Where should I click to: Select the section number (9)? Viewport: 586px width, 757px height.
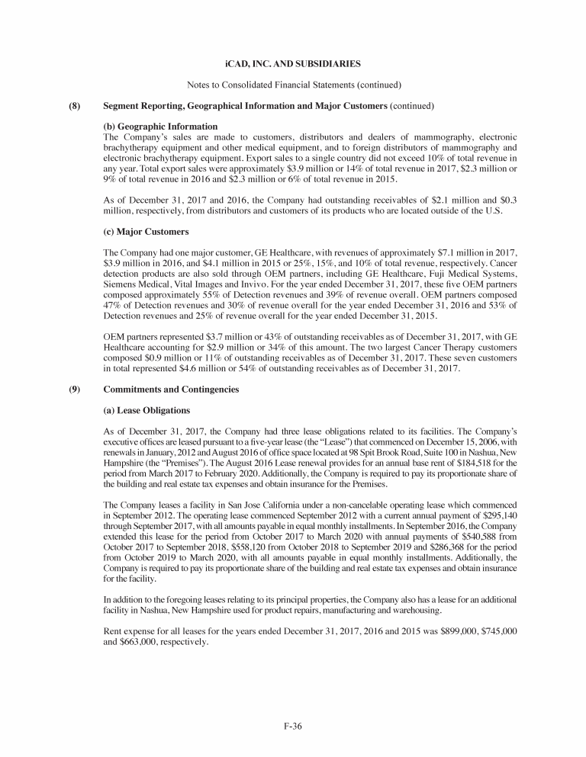pyautogui.click(x=76, y=390)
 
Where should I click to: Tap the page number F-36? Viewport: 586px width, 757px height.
pyautogui.click(x=293, y=727)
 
